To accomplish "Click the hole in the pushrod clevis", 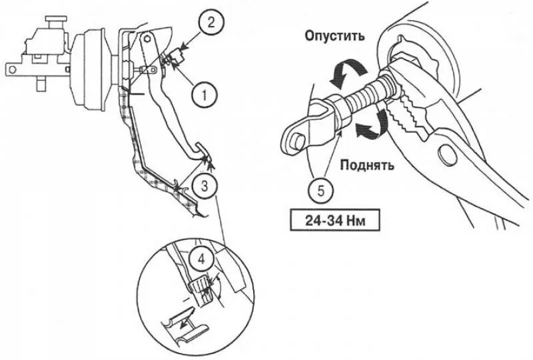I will (x=297, y=138).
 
